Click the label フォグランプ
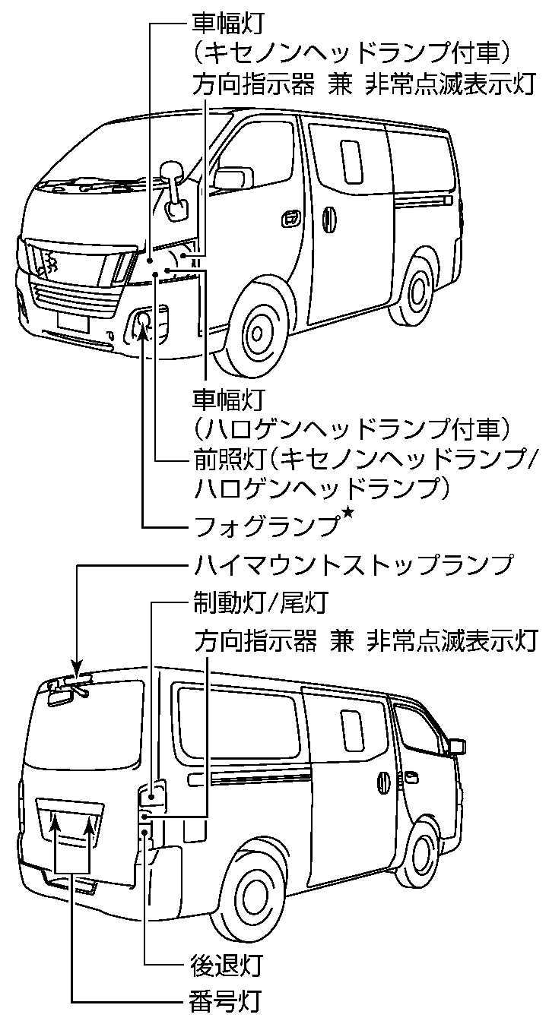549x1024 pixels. (266, 525)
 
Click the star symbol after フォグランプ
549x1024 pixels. (349, 517)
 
